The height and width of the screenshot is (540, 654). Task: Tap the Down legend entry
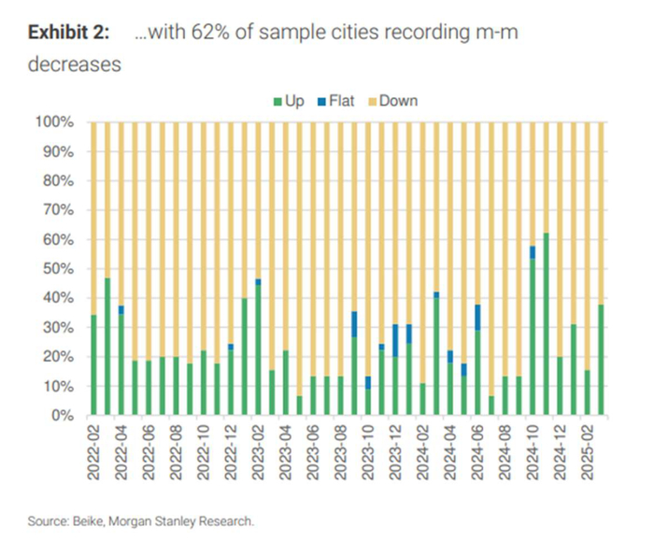pos(393,101)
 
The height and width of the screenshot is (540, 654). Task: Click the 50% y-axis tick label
pos(58,269)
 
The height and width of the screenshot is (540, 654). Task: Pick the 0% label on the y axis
pos(63,416)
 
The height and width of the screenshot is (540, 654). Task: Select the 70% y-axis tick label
pos(58,210)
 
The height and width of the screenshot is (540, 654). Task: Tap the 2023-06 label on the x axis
pos(312,454)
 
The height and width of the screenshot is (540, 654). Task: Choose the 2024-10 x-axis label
pos(532,454)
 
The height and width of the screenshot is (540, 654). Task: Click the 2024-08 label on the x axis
pos(505,454)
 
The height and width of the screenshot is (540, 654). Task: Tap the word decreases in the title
pos(74,65)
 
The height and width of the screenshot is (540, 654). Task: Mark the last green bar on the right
pos(600,360)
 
